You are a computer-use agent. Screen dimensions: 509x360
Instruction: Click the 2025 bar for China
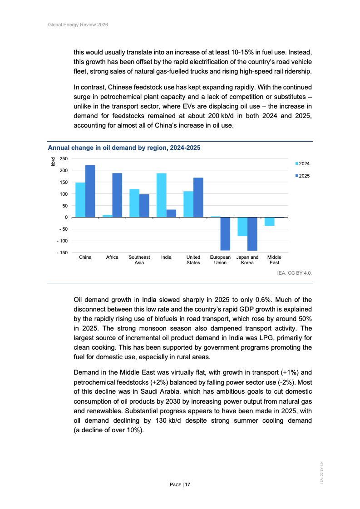(90, 191)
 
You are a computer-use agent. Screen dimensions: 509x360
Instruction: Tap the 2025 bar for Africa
(117, 195)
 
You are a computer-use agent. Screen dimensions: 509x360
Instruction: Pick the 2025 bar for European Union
(225, 234)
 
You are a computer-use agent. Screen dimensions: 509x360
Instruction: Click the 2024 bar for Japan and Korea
(242, 227)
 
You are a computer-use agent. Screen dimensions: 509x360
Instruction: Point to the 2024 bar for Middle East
(269, 222)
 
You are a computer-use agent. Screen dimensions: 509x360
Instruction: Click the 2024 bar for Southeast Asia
(134, 203)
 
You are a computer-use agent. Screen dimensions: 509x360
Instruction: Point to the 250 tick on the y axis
(63, 158)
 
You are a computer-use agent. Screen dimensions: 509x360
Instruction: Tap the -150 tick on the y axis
(61, 252)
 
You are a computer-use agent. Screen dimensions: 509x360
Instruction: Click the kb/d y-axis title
(53, 161)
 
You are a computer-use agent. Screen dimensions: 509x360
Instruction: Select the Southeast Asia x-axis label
(139, 260)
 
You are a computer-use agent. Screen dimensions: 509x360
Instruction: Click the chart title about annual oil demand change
(124, 148)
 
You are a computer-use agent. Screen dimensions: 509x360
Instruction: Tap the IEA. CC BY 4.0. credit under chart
(294, 273)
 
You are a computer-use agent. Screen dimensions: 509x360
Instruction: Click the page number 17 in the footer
(187, 485)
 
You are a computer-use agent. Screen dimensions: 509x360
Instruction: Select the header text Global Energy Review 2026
(78, 25)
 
